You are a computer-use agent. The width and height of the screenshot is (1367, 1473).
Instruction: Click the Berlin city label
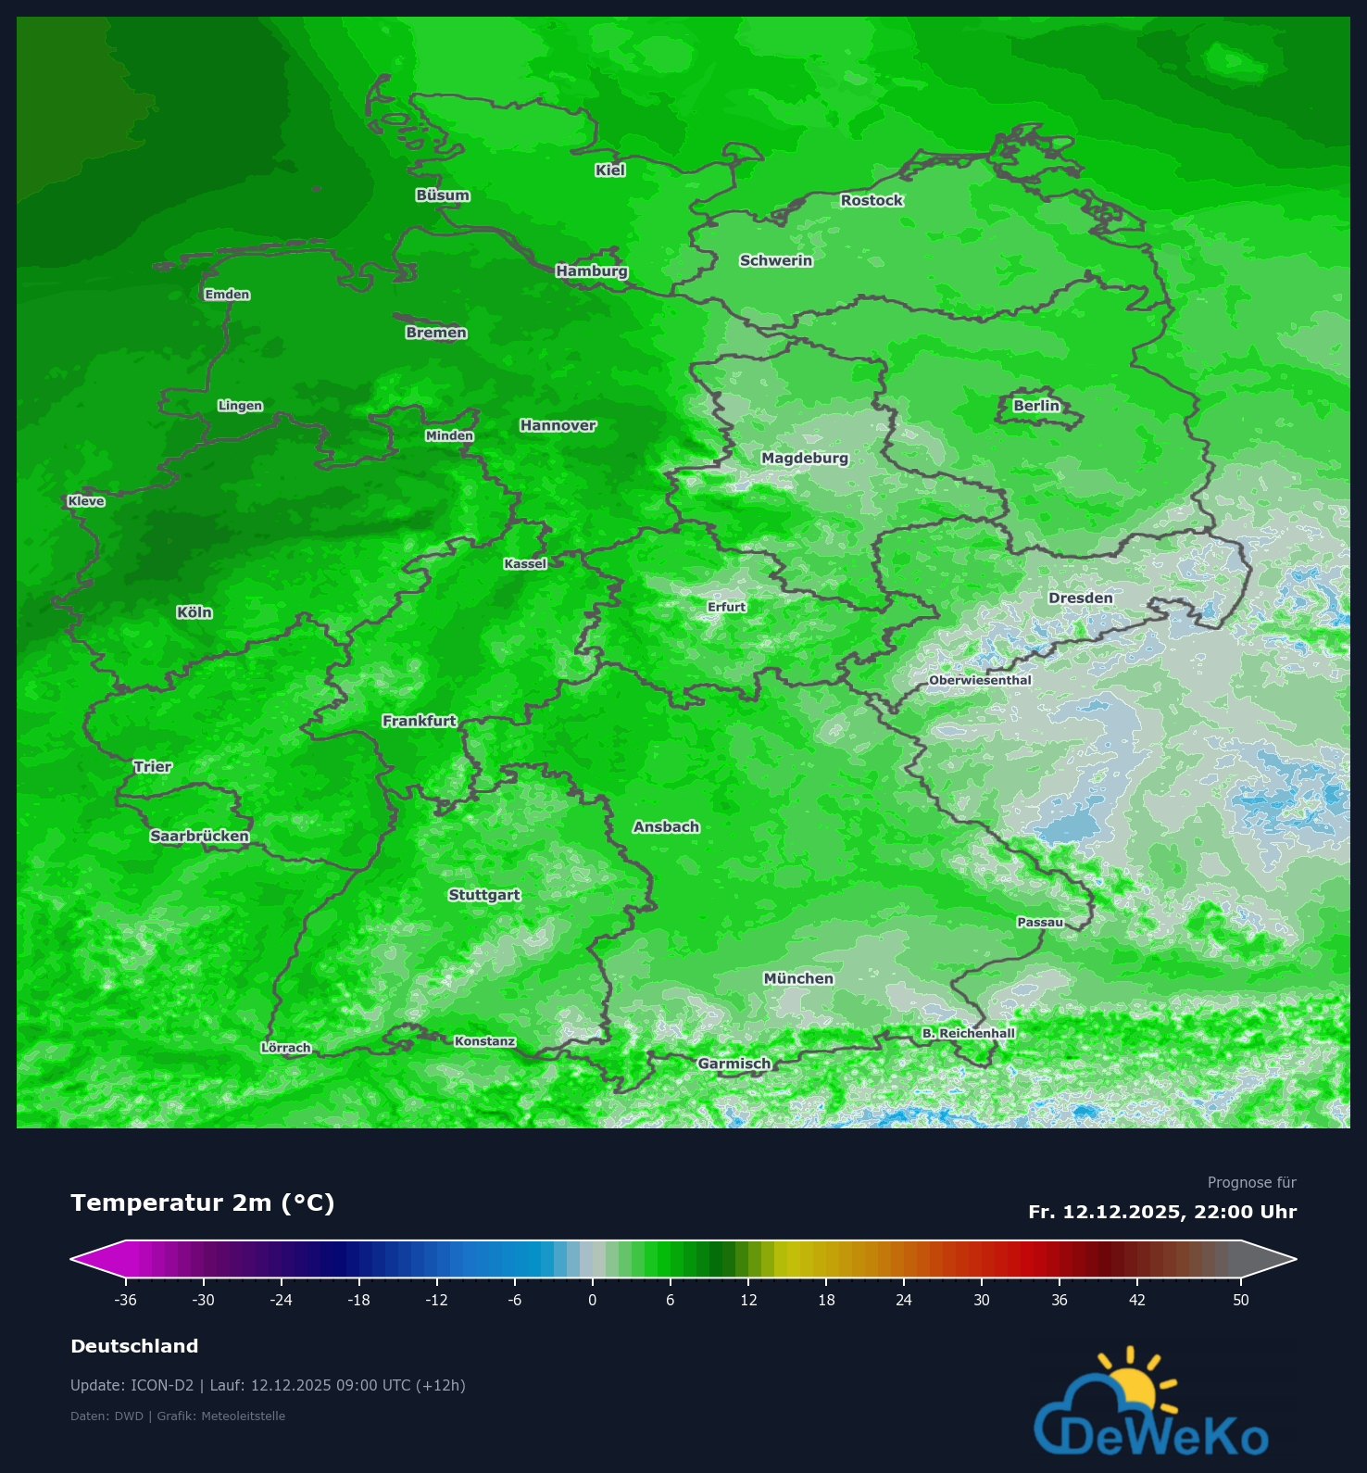1035,406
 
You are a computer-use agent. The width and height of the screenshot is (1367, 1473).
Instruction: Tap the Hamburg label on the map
592,271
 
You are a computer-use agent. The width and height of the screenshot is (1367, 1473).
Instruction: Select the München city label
798,979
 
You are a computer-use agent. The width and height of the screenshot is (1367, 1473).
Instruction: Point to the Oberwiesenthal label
980,680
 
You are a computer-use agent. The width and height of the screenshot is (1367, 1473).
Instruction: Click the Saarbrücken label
200,837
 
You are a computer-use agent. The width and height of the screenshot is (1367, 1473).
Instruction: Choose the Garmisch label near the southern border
734,1064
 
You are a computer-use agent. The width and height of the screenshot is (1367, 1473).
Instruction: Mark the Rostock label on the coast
872,201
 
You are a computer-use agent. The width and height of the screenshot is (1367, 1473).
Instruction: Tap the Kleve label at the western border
86,501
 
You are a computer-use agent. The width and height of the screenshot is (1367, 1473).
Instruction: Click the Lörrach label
286,1048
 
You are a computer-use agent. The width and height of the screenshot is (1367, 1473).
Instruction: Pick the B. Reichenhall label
969,1033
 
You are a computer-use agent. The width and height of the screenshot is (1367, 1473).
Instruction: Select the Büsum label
443,195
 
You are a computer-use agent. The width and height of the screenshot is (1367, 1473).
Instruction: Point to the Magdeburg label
805,459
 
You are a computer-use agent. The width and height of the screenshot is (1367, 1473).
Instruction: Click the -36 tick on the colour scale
126,1300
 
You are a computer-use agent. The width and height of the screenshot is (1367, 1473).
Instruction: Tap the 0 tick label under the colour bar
593,1300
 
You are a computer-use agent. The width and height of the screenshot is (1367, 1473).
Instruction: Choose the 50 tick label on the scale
1241,1300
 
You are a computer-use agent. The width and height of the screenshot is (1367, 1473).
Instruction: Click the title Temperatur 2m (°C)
202,1202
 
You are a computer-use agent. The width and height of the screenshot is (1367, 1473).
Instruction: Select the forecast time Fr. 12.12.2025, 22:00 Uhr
1162,1212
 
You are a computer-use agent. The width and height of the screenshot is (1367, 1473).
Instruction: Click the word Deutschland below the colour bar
134,1346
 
